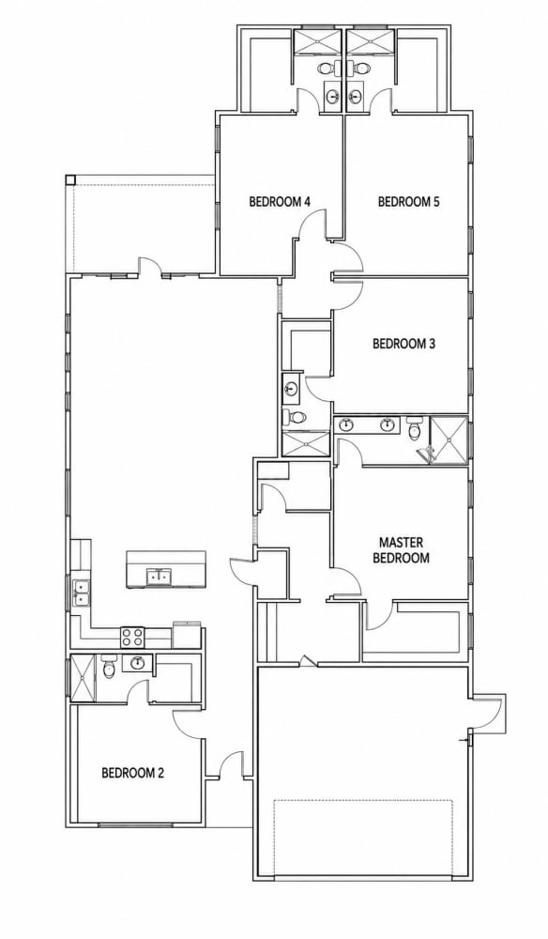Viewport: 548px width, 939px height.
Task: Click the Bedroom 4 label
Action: (280, 202)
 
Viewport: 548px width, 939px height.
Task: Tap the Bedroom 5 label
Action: (408, 202)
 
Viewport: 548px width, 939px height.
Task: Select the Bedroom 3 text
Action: (403, 344)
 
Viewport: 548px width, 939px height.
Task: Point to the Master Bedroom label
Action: (404, 550)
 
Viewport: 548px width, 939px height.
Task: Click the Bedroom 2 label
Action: (133, 773)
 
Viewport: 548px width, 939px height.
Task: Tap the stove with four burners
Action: (133, 637)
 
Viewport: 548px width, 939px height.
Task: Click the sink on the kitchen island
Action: (159, 577)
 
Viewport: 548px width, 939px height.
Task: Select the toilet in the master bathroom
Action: (414, 428)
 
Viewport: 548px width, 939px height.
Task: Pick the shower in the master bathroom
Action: (449, 439)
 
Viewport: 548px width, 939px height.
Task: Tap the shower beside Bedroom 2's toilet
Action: (84, 679)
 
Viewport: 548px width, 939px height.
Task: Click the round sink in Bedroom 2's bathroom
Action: (138, 663)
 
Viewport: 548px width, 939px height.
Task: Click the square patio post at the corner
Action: (70, 179)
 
